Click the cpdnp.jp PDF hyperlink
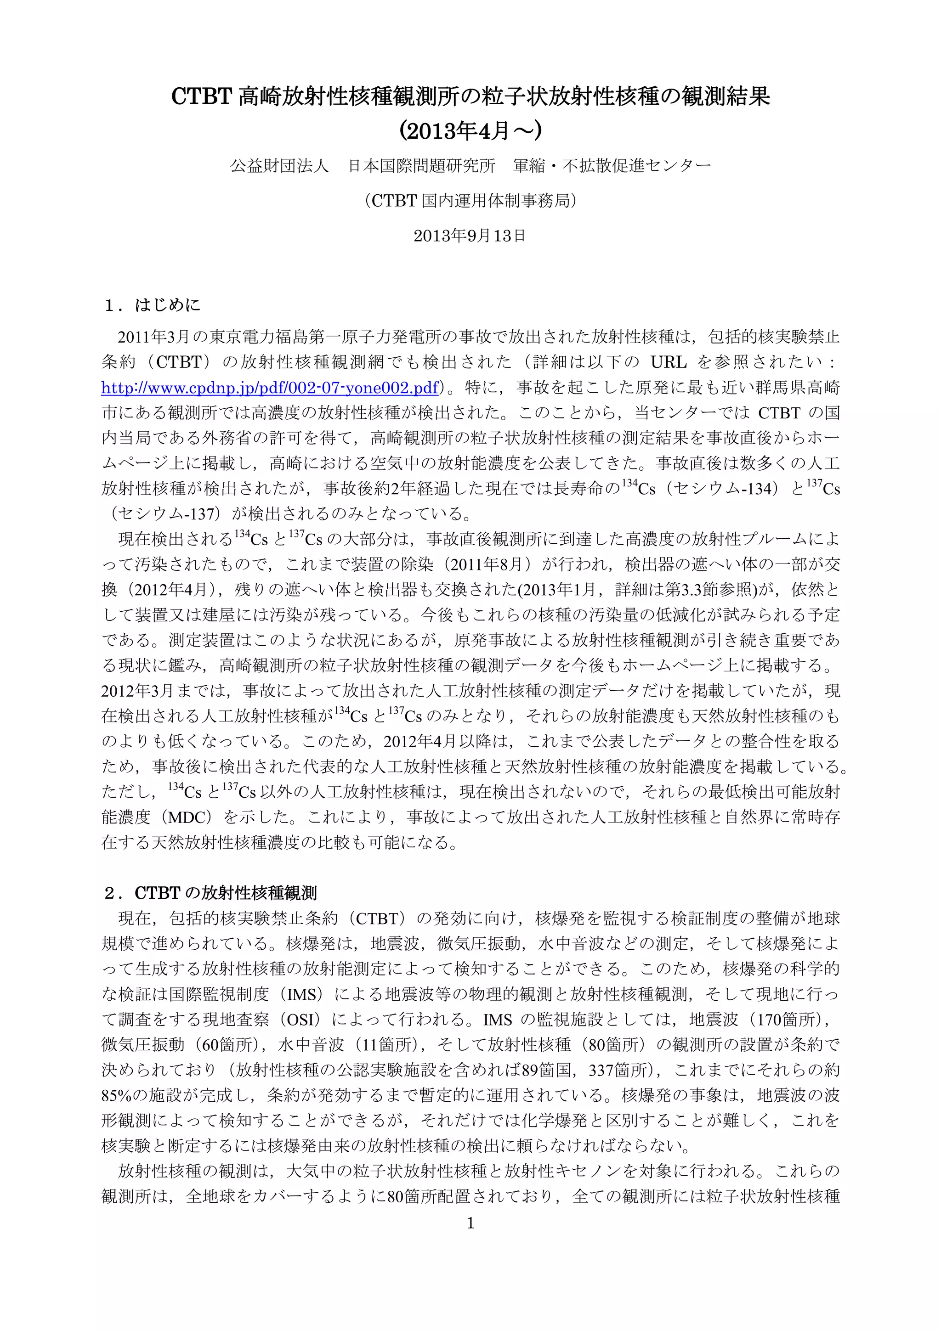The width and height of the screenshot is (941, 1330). pyautogui.click(x=269, y=388)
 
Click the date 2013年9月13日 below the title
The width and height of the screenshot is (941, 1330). pyautogui.click(x=470, y=235)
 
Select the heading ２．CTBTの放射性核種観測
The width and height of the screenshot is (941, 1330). pyautogui.click(x=210, y=893)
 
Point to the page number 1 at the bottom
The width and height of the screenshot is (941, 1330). pyautogui.click(x=470, y=1223)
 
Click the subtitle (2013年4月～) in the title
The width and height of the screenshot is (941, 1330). pyautogui.click(x=470, y=131)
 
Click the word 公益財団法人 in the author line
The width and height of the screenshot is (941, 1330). pyautogui.click(x=279, y=166)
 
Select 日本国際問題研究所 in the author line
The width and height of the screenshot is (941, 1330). pyautogui.click(x=421, y=166)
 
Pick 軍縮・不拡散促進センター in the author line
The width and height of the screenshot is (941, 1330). pyautogui.click(x=612, y=166)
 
